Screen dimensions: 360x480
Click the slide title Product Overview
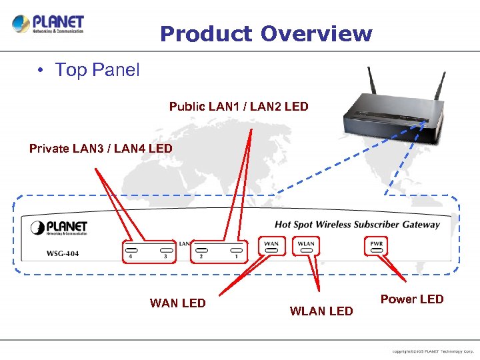pos(266,33)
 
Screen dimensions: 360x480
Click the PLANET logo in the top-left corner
pos(48,25)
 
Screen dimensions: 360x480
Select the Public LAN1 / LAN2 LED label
pos(239,107)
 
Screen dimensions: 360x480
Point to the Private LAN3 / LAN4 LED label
pos(101,149)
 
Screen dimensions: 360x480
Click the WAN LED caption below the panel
pos(178,303)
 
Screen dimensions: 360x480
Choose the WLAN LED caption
pos(321,311)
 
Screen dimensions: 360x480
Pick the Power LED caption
pos(411,299)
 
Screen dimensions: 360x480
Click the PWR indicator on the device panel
pos(376,245)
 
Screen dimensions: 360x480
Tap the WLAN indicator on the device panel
pos(306,245)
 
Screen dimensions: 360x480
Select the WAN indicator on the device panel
pos(271,245)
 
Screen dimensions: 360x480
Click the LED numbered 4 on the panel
pos(130,251)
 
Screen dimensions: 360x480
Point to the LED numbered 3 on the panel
pos(165,251)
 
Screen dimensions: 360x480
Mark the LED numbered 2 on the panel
pos(201,251)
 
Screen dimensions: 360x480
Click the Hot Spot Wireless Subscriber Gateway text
pos(357,225)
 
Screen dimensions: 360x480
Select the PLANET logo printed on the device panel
pos(59,227)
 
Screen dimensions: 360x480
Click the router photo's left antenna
pos(369,85)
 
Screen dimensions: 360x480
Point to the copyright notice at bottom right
pos(433,351)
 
